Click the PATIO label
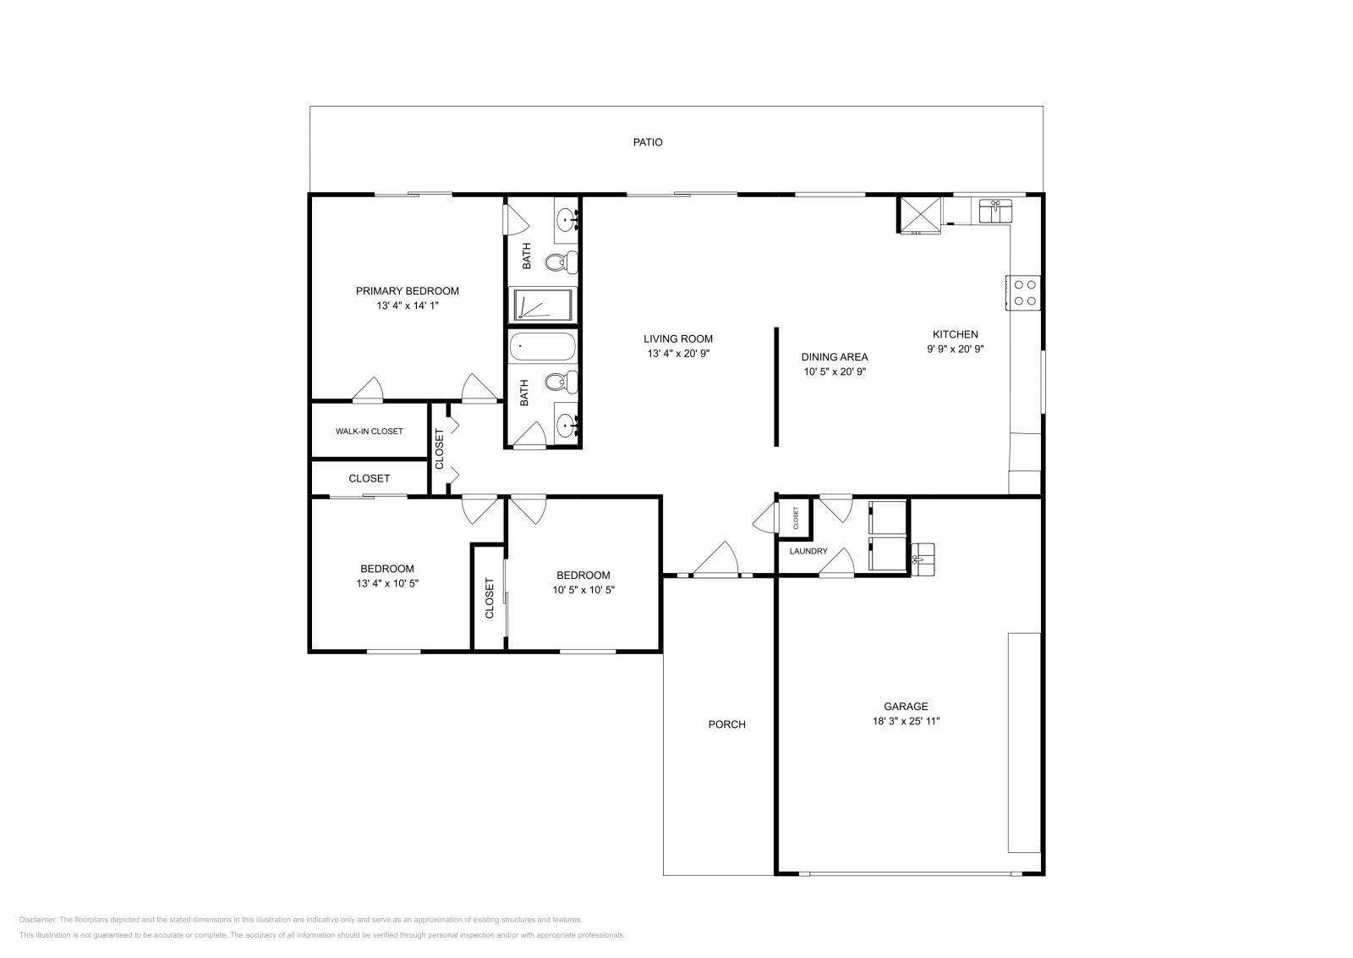[648, 142]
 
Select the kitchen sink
[995, 210]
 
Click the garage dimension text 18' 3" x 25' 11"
[906, 721]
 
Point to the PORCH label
[726, 724]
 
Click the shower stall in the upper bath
[542, 305]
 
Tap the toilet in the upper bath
[557, 262]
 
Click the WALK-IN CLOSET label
[369, 432]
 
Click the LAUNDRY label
[808, 551]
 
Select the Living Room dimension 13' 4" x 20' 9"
[678, 354]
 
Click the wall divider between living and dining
[776, 386]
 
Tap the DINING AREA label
[835, 357]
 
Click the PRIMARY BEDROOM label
[407, 291]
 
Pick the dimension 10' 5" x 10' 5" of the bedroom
[583, 590]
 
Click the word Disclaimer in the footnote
[37, 919]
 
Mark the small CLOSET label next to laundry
[796, 518]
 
